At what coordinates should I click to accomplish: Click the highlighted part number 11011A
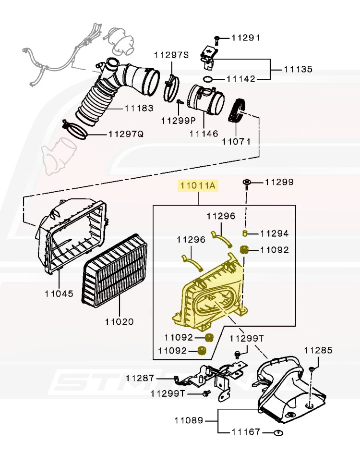coord(198,185)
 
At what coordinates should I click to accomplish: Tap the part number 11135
coord(298,70)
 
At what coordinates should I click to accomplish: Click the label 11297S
coord(171,55)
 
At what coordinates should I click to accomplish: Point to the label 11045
coord(59,293)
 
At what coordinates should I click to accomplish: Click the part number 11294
coord(275,233)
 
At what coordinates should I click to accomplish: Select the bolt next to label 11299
coord(247,183)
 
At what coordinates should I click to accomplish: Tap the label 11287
coord(140,378)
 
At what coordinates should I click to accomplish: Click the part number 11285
coord(317,350)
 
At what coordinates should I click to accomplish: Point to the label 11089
coord(188,421)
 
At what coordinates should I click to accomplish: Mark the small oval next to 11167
coord(277,432)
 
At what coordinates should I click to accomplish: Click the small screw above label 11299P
coord(179,102)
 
